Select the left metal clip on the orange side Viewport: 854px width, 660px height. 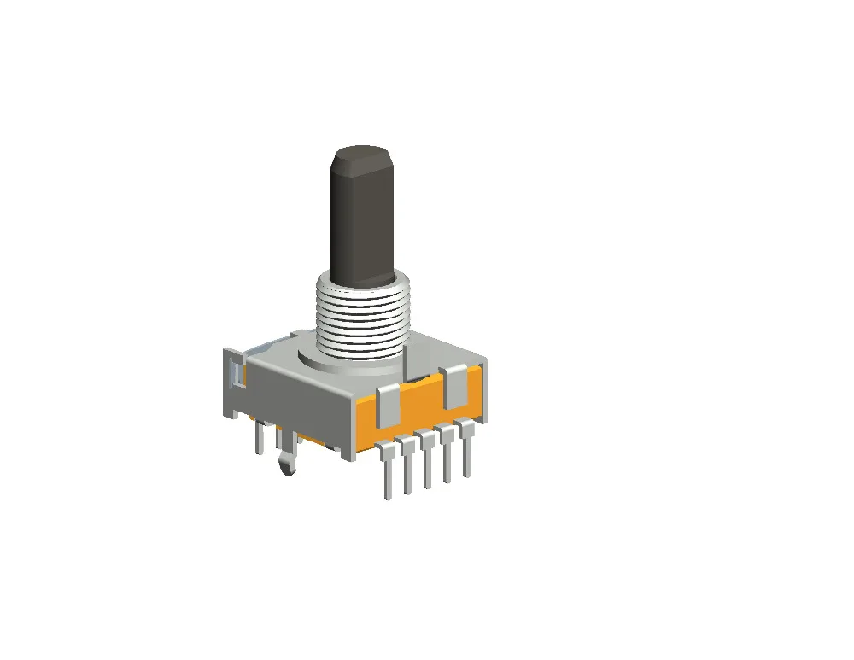pos(389,406)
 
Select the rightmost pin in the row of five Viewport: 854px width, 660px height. pos(465,447)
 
